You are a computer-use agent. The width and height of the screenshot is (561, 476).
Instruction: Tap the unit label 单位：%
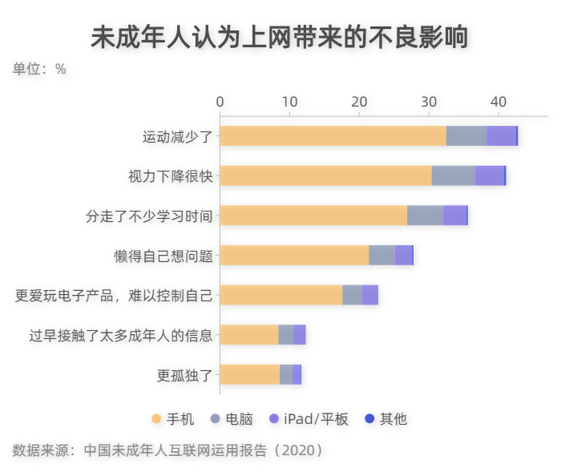pos(39,70)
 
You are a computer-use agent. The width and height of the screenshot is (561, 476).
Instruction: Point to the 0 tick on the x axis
pos(220,102)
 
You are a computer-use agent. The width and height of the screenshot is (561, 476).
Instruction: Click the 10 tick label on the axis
pos(289,102)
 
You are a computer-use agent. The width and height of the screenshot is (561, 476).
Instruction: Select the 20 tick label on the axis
pos(359,102)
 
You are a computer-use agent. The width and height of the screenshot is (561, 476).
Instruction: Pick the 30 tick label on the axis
pos(429,102)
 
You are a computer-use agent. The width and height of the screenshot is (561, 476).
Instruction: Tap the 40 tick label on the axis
pos(498,102)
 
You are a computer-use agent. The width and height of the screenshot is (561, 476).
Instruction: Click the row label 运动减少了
pos(177,136)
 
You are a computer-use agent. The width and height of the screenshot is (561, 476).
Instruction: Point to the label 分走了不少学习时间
pos(149,216)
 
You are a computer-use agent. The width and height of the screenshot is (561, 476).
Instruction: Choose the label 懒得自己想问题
pos(163,256)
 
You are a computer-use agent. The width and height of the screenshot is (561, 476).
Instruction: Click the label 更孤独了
pos(184,374)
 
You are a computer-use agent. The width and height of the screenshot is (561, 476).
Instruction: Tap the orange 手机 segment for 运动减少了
pos(333,136)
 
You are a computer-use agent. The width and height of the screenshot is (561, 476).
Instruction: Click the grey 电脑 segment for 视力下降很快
pos(453,175)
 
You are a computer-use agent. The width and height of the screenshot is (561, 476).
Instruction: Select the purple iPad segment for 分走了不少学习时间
pos(454,216)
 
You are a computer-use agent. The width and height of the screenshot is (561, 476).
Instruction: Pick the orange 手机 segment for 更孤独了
pos(250,374)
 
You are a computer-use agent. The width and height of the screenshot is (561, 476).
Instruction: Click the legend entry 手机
pos(172,419)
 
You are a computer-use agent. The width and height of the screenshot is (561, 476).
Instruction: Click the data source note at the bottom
pos(168,450)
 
